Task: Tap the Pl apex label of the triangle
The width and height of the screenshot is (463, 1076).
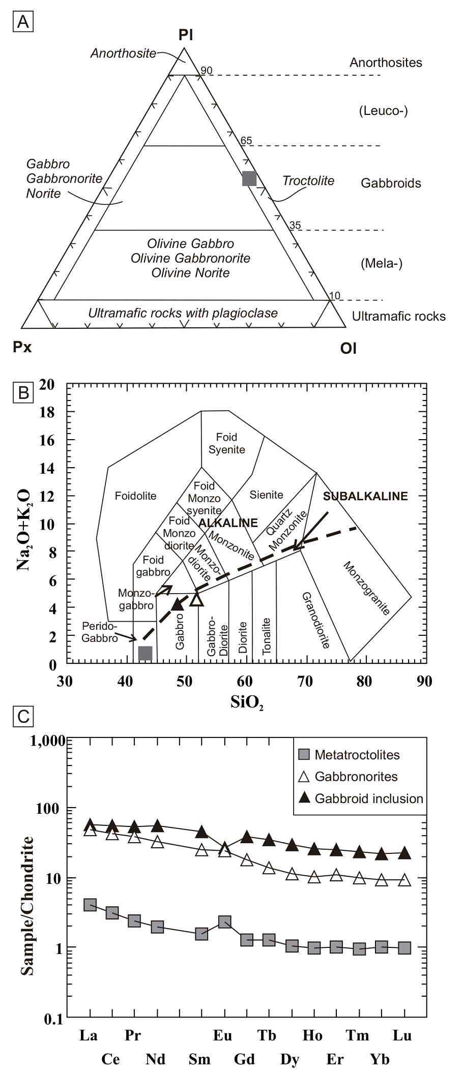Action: coord(185,35)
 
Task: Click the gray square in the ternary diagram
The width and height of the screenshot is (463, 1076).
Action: coord(249,178)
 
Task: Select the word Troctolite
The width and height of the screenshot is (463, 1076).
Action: coord(308,181)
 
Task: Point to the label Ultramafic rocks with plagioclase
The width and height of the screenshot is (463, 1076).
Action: coord(183,313)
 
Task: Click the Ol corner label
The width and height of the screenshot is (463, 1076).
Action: coord(348,349)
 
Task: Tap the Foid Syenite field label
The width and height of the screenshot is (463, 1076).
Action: coord(227,443)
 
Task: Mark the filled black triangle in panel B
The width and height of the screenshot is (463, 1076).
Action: coord(177,604)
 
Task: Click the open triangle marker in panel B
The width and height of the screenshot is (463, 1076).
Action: coord(197,599)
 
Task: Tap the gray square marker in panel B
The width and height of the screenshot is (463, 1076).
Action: coord(146,653)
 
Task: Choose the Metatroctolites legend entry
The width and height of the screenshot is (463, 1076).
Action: coord(357,755)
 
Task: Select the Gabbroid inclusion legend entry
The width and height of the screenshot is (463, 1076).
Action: coord(368,798)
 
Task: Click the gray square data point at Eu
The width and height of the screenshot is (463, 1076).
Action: coord(224,921)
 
